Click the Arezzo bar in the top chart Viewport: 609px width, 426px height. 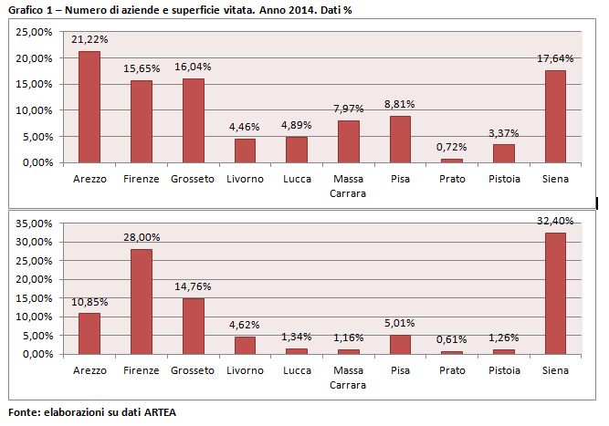[x=89, y=107]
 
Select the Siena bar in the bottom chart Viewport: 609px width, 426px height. [x=555, y=293]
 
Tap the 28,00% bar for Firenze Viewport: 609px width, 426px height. [x=142, y=301]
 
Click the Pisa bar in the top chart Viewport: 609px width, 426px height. [x=401, y=139]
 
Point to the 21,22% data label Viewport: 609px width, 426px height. [x=89, y=40]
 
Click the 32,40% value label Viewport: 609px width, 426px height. [x=555, y=221]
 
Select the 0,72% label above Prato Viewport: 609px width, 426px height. [x=452, y=147]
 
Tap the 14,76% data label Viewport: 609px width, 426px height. [x=193, y=287]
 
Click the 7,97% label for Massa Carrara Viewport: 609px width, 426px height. [x=349, y=109]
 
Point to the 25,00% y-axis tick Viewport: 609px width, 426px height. [x=35, y=32]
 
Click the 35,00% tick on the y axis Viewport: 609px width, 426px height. [x=35, y=223]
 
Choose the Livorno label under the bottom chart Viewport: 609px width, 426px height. [x=245, y=370]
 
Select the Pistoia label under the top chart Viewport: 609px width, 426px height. [x=504, y=179]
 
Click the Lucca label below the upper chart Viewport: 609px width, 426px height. [x=297, y=179]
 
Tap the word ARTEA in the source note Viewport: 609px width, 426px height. [x=156, y=412]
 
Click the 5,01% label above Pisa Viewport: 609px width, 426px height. [x=401, y=323]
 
